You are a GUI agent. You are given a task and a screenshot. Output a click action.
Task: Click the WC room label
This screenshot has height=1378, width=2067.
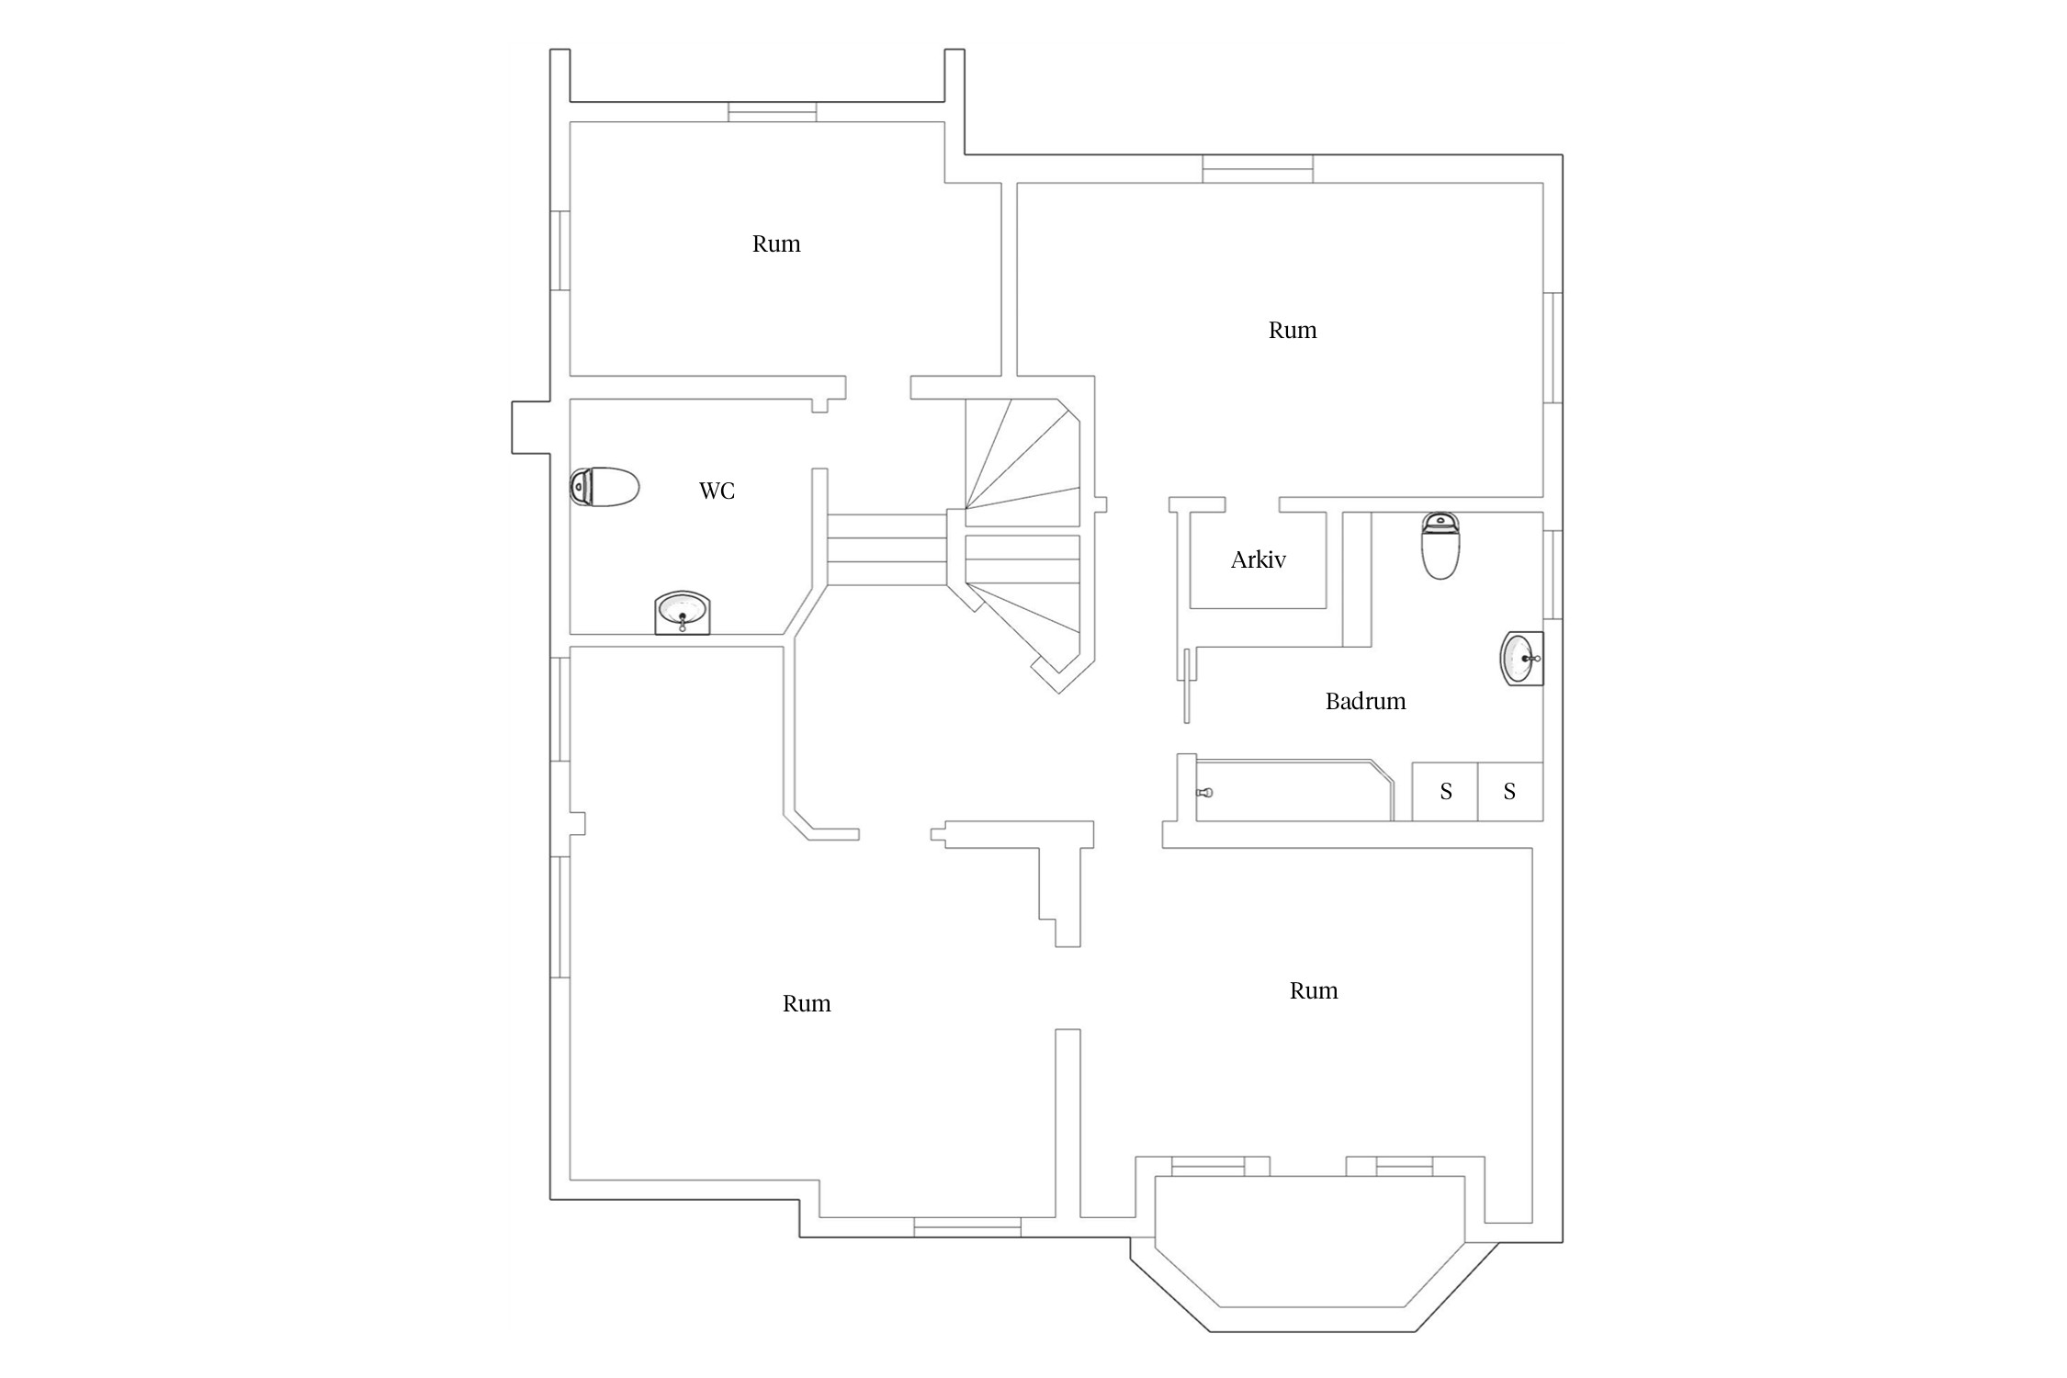click(717, 491)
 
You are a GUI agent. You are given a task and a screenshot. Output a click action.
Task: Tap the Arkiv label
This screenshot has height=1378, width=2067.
click(1258, 559)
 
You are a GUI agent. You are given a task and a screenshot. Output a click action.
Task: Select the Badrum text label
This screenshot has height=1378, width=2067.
click(1365, 701)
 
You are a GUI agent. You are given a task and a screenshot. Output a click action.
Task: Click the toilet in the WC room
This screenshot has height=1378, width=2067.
click(604, 487)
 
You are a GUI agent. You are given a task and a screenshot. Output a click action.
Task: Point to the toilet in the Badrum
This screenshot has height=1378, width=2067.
click(1440, 546)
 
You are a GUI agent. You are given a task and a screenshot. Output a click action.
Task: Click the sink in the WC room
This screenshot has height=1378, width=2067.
click(682, 613)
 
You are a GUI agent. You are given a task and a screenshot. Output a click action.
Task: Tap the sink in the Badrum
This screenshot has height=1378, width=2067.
click(1521, 658)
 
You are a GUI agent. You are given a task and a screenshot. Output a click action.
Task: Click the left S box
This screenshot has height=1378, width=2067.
click(1444, 791)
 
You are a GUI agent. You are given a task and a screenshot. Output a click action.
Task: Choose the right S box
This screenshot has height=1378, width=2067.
click(1509, 791)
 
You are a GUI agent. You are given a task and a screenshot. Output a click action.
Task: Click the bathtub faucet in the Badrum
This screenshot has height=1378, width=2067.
click(1204, 792)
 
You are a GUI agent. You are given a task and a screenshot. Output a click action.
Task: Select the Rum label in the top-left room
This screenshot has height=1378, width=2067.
click(776, 243)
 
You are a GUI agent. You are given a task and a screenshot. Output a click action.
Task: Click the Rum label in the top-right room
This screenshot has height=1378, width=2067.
click(1293, 330)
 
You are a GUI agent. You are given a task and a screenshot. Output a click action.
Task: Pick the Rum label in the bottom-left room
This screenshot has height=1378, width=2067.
click(807, 1003)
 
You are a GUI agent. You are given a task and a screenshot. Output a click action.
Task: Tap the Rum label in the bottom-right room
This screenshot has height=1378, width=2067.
click(1314, 990)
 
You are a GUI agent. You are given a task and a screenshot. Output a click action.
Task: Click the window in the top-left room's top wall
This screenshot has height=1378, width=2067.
click(773, 112)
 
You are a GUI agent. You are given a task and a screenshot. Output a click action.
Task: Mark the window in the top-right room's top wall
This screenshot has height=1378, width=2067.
click(1258, 169)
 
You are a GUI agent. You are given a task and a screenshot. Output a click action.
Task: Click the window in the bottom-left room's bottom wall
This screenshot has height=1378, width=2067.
click(967, 1226)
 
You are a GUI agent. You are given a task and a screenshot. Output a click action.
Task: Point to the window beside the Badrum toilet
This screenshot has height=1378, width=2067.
click(1553, 574)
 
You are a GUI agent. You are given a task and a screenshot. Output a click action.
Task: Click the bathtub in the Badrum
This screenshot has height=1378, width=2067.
click(1294, 790)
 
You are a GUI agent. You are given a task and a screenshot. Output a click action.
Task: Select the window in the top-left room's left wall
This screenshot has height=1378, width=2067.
click(559, 251)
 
